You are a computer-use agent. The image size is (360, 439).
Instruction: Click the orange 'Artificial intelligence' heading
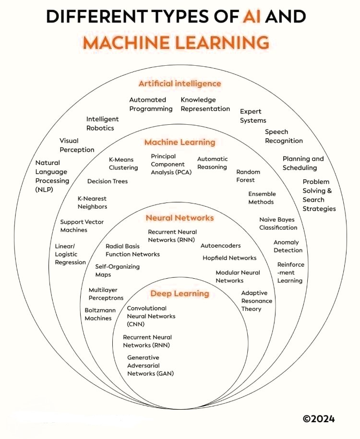[180, 83]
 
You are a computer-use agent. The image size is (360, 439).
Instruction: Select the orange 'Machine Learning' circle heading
[180, 142]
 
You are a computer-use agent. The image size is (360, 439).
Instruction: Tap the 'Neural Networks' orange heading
[180, 218]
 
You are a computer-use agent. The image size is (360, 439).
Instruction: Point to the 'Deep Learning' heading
[180, 293]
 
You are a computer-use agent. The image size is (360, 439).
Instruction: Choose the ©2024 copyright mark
[319, 418]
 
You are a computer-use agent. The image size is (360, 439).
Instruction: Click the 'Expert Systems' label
[252, 116]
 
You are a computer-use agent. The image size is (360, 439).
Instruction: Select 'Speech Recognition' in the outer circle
[284, 136]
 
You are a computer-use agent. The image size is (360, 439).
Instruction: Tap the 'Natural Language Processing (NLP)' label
[52, 176]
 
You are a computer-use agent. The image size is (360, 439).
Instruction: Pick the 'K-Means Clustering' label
[123, 164]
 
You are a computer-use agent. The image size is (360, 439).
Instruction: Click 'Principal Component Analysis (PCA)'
[171, 164]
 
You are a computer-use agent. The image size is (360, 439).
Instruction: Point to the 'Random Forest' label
[248, 176]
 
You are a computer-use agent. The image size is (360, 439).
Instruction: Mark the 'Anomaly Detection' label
[288, 246]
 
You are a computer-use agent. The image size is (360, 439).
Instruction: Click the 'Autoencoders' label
[221, 246]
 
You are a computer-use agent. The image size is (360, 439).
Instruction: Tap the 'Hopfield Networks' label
[229, 258]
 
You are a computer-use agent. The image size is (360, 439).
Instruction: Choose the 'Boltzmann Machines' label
[98, 314]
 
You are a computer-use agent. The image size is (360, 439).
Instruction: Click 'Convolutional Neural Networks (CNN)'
[151, 316]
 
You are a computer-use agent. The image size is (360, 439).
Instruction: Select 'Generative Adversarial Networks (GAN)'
[150, 366]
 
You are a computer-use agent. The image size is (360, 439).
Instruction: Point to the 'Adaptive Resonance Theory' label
[256, 301]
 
